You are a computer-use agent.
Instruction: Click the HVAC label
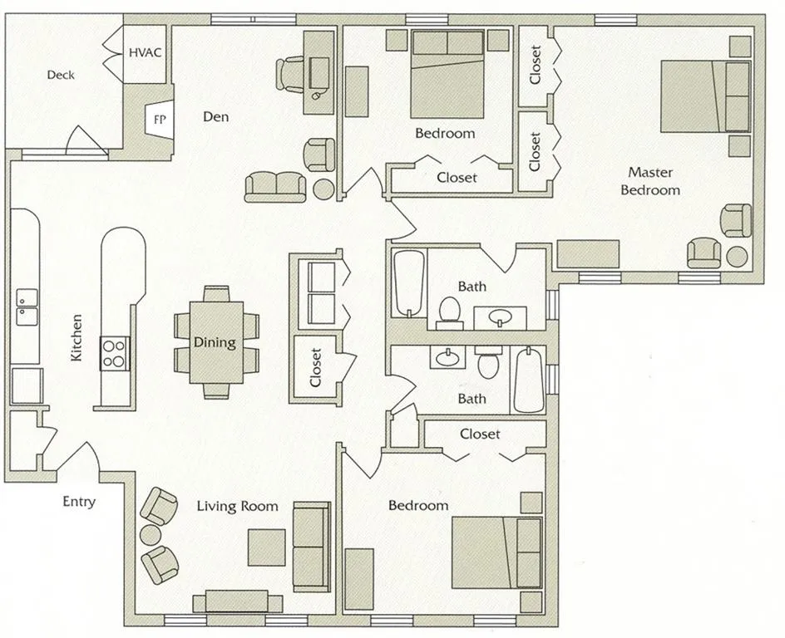(x=146, y=52)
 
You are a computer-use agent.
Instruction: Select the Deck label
(x=60, y=75)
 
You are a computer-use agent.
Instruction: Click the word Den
(x=215, y=116)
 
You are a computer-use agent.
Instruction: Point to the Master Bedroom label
(x=654, y=181)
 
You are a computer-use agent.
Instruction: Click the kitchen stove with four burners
(x=115, y=352)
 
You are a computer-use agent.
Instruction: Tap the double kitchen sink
(x=26, y=307)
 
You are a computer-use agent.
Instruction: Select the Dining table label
(x=215, y=341)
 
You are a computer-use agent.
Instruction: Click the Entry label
(x=79, y=502)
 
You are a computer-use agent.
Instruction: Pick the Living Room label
(x=237, y=506)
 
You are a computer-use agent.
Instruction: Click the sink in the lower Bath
(x=447, y=357)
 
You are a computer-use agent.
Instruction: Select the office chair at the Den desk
(x=290, y=72)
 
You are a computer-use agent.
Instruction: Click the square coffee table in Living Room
(x=267, y=546)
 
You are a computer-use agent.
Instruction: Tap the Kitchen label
(x=76, y=336)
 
